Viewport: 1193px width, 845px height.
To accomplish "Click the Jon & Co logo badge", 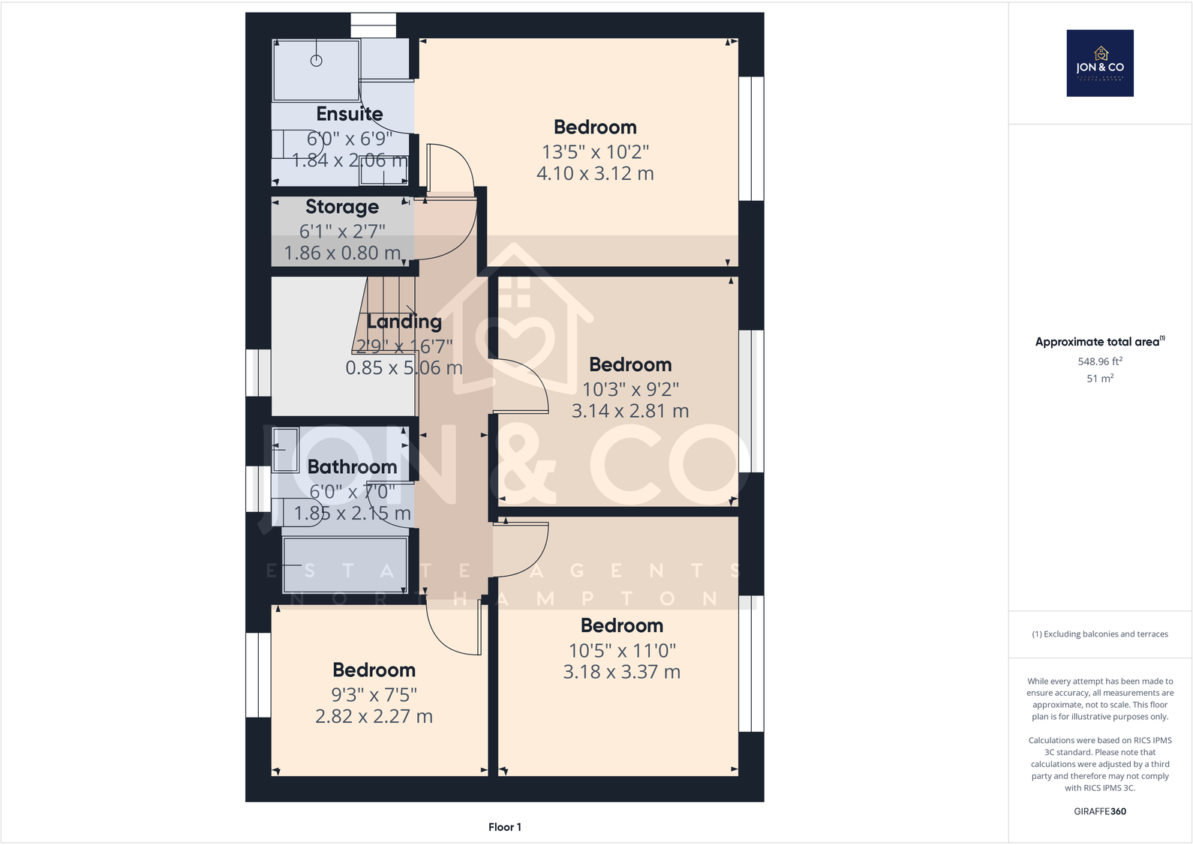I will pyautogui.click(x=1099, y=63).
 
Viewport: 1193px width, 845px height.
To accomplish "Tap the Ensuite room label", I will pyautogui.click(x=349, y=114).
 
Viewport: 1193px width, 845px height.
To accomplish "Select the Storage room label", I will pyautogui.click(x=341, y=207).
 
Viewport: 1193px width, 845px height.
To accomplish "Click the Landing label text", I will pyautogui.click(x=404, y=322).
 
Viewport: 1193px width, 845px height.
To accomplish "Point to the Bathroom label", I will pyautogui.click(x=352, y=467).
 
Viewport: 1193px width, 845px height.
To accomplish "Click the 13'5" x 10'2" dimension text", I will pyautogui.click(x=595, y=152).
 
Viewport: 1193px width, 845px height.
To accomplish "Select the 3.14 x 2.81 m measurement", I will pyautogui.click(x=630, y=411).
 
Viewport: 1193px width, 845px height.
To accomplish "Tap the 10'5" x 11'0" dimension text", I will pyautogui.click(x=622, y=651).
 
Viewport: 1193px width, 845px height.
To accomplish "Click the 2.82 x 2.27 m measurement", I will pyautogui.click(x=374, y=717).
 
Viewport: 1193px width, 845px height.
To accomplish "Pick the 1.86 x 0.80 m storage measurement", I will pyautogui.click(x=342, y=253).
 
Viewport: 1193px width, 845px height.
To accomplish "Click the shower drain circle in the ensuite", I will pyautogui.click(x=317, y=61).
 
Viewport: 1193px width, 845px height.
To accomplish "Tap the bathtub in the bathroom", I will pyautogui.click(x=344, y=565).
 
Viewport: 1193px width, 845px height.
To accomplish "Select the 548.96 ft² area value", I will pyautogui.click(x=1099, y=361).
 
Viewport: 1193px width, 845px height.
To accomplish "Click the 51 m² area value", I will pyautogui.click(x=1099, y=379).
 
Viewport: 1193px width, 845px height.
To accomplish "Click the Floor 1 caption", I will pyautogui.click(x=504, y=827).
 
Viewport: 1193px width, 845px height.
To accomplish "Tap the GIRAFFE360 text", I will pyautogui.click(x=1099, y=811).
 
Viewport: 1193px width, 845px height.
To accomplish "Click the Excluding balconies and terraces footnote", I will pyautogui.click(x=1099, y=634).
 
